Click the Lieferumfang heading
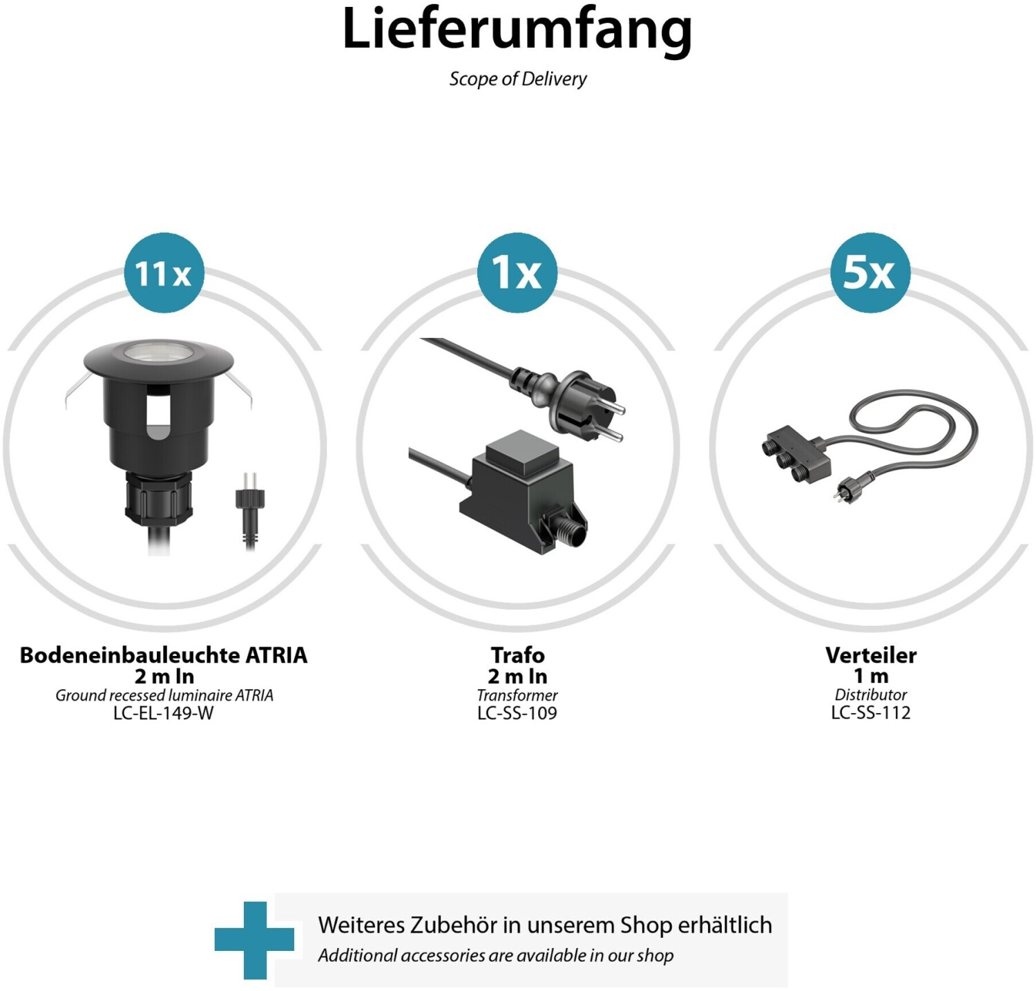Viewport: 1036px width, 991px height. pos(517,30)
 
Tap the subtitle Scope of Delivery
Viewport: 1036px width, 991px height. pos(518,79)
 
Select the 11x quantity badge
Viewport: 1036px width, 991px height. pos(164,272)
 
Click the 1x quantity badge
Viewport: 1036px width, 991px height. pos(517,272)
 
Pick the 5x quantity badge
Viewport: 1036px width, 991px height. pos(870,272)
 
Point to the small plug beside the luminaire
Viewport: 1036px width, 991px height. pos(250,509)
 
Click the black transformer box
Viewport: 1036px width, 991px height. pos(524,490)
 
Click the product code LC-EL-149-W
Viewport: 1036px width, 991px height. pos(164,713)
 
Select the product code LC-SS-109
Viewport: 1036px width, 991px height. pos(517,713)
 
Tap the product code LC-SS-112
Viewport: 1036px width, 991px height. pos(871,712)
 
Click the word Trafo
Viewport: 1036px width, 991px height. pos(517,654)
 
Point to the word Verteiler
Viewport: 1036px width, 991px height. pos(871,654)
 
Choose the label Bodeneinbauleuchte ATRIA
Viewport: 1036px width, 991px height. pos(164,654)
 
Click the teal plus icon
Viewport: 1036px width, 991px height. pos(254,940)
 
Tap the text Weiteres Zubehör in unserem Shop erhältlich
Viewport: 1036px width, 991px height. pos(545,925)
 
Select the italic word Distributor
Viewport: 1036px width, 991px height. pos(871,695)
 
